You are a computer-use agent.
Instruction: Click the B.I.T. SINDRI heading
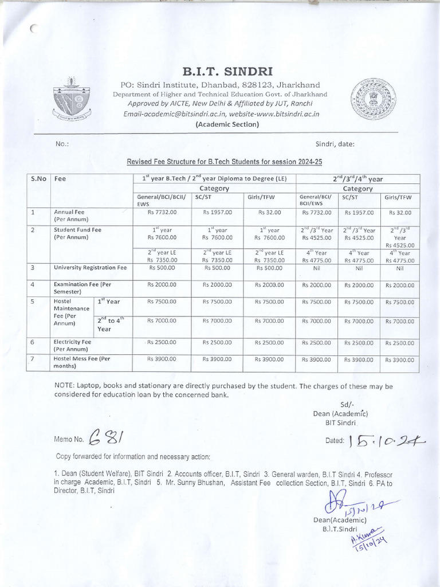(219, 72)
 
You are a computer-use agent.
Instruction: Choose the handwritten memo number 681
(109, 437)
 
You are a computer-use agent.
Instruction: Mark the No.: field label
(62, 143)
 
